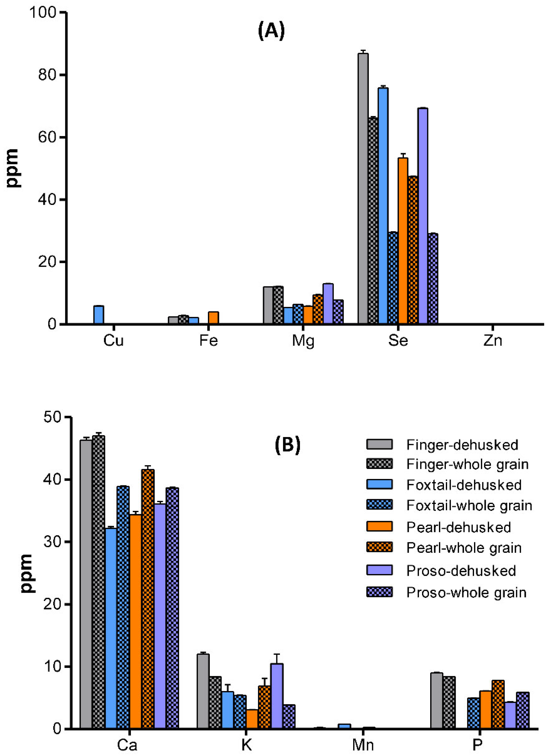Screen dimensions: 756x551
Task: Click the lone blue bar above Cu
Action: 98,315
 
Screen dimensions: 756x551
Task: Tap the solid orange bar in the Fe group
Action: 213,318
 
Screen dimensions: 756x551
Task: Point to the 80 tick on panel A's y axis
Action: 47,75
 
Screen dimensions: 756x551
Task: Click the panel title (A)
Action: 272,31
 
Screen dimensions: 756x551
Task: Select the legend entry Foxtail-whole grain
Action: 469,505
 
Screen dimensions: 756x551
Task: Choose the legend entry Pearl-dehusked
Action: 458,527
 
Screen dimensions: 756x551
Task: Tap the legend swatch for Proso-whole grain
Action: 379,592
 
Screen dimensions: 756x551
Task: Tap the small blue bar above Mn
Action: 344,726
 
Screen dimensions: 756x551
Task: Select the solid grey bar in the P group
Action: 436,701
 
